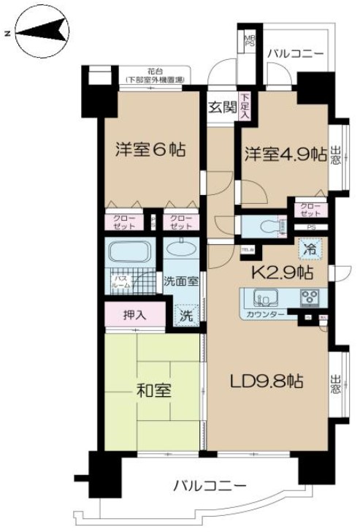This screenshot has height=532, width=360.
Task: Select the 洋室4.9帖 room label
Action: (285, 154)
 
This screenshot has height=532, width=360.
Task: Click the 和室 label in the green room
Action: (154, 389)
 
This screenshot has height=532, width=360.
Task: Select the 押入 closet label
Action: (134, 316)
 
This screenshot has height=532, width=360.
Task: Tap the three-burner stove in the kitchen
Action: (310, 298)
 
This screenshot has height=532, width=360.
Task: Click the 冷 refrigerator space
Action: (310, 248)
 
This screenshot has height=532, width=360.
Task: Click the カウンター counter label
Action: (266, 313)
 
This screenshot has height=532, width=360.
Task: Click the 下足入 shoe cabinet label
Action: (245, 106)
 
